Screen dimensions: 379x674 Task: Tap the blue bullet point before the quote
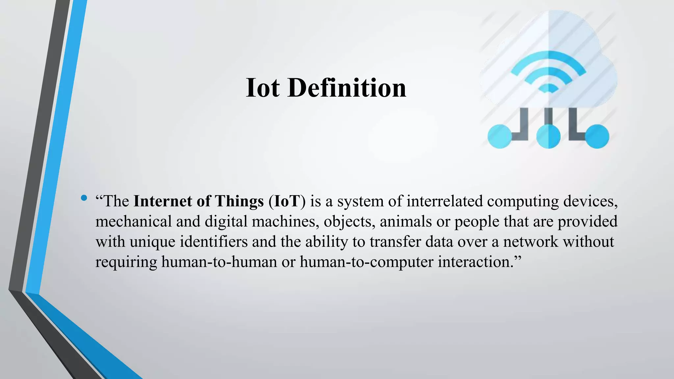point(84,198)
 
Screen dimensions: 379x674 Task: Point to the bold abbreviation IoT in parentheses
point(287,201)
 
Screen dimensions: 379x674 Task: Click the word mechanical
point(134,221)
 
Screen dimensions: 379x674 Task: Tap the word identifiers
point(214,242)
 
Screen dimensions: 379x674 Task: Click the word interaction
point(474,262)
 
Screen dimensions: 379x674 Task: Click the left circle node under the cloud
point(500,137)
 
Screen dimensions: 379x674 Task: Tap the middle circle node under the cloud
point(548,137)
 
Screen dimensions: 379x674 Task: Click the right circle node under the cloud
point(597,137)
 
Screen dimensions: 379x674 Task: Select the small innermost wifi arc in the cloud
point(548,88)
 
